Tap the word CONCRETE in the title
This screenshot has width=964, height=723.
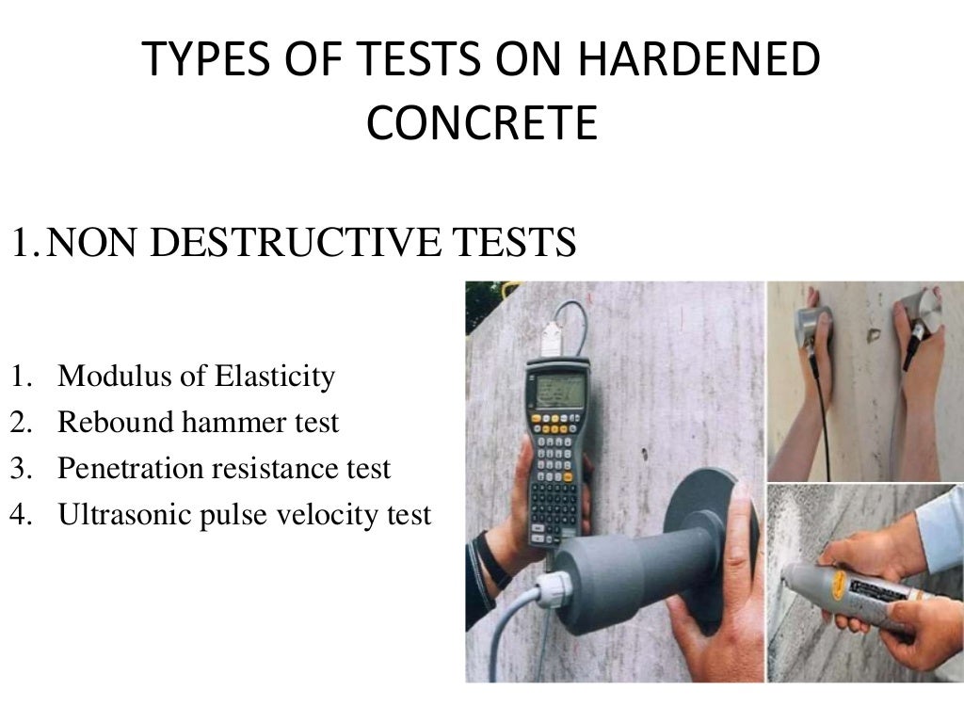coord(481,122)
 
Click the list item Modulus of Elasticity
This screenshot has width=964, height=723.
coord(196,378)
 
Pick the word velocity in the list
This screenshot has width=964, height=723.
coord(335,515)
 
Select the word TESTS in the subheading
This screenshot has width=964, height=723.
coord(516,242)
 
